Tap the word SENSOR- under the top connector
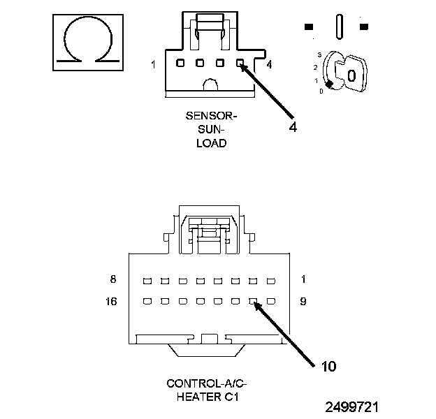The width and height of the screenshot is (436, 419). (x=211, y=116)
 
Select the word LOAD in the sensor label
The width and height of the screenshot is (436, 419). (x=212, y=143)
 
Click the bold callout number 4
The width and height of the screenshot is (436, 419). (x=293, y=127)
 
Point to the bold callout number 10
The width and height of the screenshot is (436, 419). (x=328, y=367)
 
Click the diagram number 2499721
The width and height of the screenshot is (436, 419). (x=351, y=407)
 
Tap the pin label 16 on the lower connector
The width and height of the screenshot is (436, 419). (x=111, y=302)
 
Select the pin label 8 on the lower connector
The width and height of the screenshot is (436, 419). (x=113, y=279)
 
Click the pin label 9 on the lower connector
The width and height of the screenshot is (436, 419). (x=303, y=302)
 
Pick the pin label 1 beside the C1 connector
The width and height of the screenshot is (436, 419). (x=303, y=279)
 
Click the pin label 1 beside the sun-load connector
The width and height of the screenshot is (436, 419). (x=153, y=64)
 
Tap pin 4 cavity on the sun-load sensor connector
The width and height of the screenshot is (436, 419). (x=240, y=63)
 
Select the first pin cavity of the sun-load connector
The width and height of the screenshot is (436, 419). (x=180, y=63)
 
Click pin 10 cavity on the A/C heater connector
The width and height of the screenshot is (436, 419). (x=253, y=302)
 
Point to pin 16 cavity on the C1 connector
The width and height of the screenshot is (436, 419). (x=147, y=302)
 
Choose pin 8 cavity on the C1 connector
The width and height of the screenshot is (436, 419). (x=147, y=281)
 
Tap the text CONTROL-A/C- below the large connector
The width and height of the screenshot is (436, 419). (x=207, y=383)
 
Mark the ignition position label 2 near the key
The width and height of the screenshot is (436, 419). (x=315, y=68)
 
